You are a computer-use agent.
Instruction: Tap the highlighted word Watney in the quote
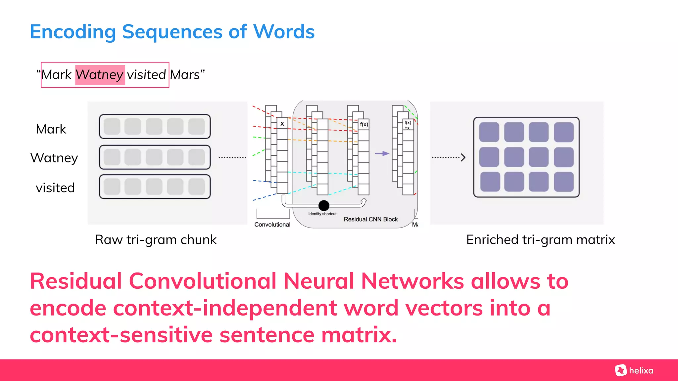click(100, 75)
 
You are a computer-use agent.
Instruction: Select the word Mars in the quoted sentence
click(185, 75)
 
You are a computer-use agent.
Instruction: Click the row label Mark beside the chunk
click(51, 129)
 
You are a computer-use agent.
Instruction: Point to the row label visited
click(55, 188)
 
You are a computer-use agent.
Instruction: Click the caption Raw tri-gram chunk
click(156, 239)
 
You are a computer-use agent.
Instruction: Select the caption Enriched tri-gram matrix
click(540, 239)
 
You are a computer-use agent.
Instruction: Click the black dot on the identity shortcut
click(324, 205)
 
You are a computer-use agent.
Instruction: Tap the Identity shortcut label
click(322, 214)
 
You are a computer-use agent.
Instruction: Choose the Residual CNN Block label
click(370, 219)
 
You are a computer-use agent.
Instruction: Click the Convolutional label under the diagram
click(272, 225)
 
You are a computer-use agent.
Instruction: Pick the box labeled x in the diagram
click(282, 124)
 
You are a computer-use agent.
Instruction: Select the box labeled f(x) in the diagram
click(363, 124)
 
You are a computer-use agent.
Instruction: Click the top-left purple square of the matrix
click(489, 132)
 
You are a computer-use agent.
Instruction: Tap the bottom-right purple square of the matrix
click(563, 182)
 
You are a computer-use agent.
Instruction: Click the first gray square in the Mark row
click(112, 127)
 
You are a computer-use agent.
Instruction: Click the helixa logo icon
click(620, 370)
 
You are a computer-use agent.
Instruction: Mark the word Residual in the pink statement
click(75, 281)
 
